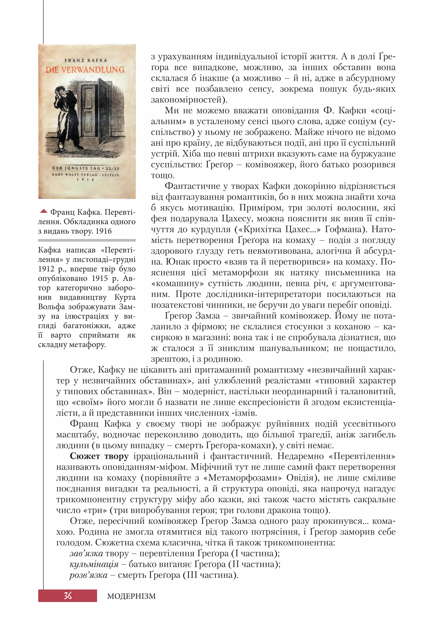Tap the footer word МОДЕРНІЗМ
(x=131, y=596)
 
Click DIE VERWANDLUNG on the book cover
(x=85, y=70)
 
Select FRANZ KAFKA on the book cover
(x=86, y=60)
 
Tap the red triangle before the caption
(x=44, y=211)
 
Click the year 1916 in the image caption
(x=104, y=231)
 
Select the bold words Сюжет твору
(x=99, y=456)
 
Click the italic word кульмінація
(x=94, y=564)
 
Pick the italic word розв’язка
(x=88, y=575)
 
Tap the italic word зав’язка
(x=86, y=553)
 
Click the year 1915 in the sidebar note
(x=100, y=278)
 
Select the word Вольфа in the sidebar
(x=51, y=307)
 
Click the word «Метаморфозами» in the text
(x=243, y=478)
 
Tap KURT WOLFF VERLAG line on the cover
(x=86, y=174)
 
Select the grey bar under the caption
(x=87, y=240)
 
